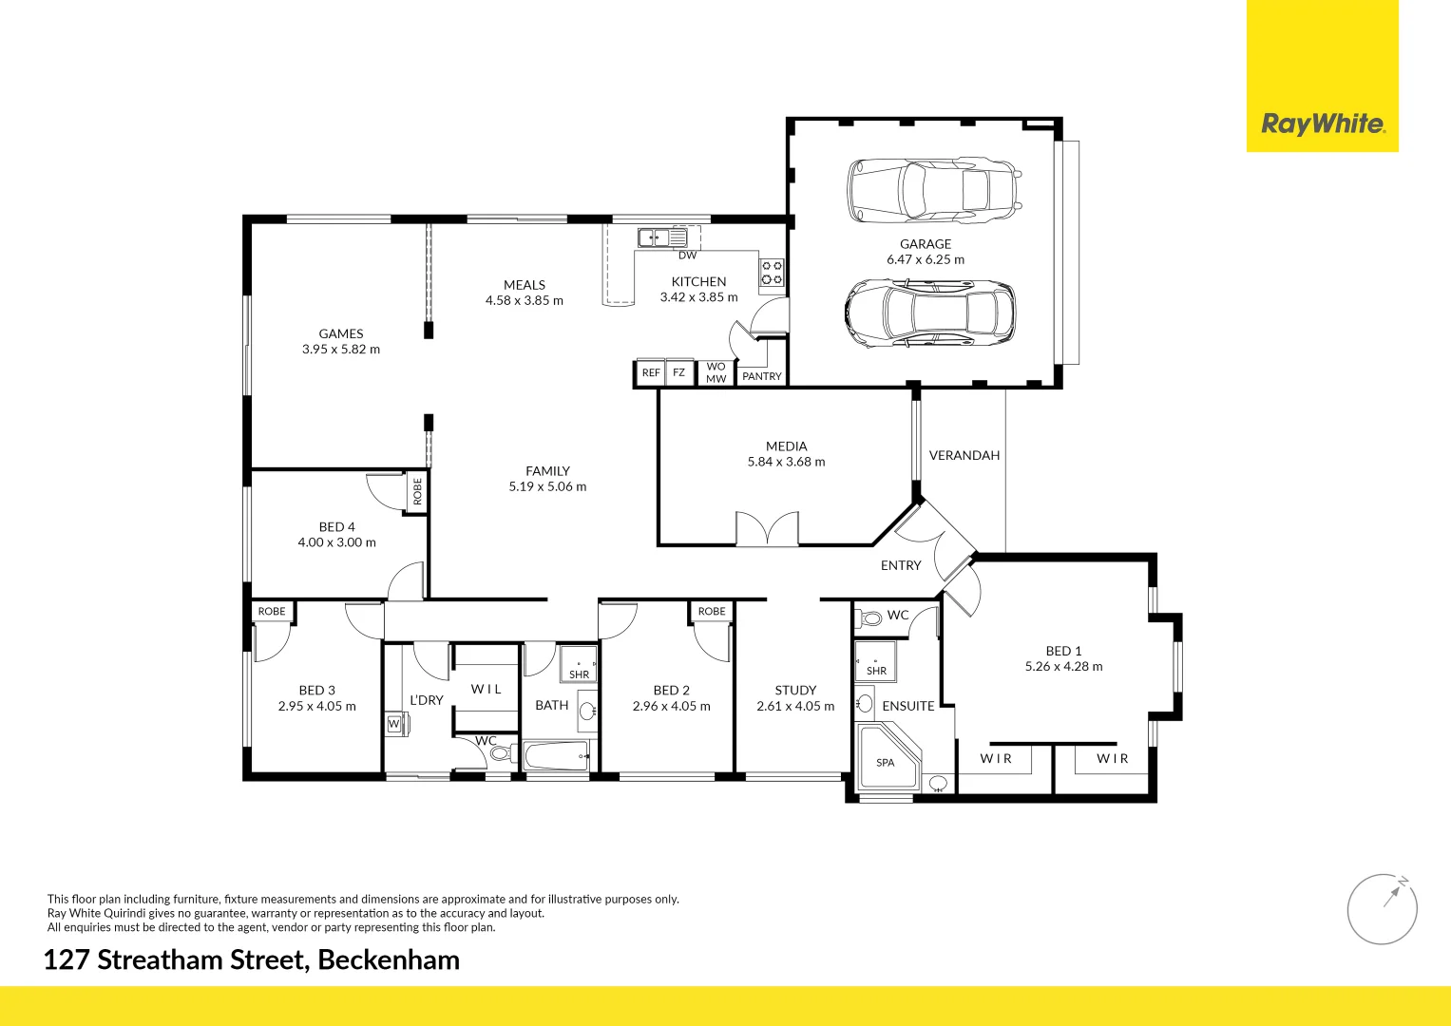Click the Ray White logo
(x=1322, y=123)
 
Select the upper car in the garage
(x=934, y=190)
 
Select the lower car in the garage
(x=929, y=313)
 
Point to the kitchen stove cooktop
(x=771, y=273)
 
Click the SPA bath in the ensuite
(x=887, y=758)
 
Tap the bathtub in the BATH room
(x=557, y=757)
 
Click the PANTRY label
(x=761, y=376)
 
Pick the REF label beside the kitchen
(x=650, y=372)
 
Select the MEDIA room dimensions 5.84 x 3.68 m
(x=786, y=462)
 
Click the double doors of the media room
(x=767, y=528)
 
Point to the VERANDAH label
(x=964, y=455)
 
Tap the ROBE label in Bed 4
(x=417, y=491)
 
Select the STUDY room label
(x=795, y=690)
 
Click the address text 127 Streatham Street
(x=251, y=959)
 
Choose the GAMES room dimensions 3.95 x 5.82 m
(x=340, y=349)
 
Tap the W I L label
(x=486, y=689)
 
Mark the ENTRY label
(x=900, y=565)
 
